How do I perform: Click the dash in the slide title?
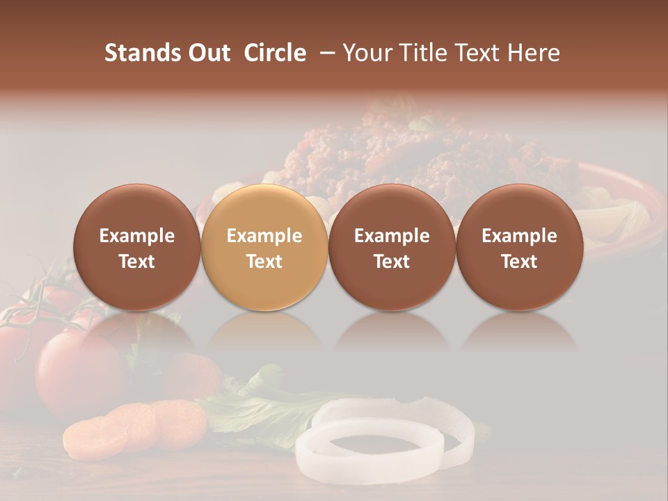[326, 53]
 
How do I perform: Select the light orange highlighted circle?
[264, 247]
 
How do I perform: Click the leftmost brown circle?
[136, 247]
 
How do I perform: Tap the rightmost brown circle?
[519, 247]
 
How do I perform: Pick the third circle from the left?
[392, 247]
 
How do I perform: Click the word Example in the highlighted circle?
[264, 236]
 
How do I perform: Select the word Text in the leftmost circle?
[137, 262]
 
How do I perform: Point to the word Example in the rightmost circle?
[519, 236]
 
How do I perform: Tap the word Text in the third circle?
[392, 262]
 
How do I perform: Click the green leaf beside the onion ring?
[257, 414]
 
